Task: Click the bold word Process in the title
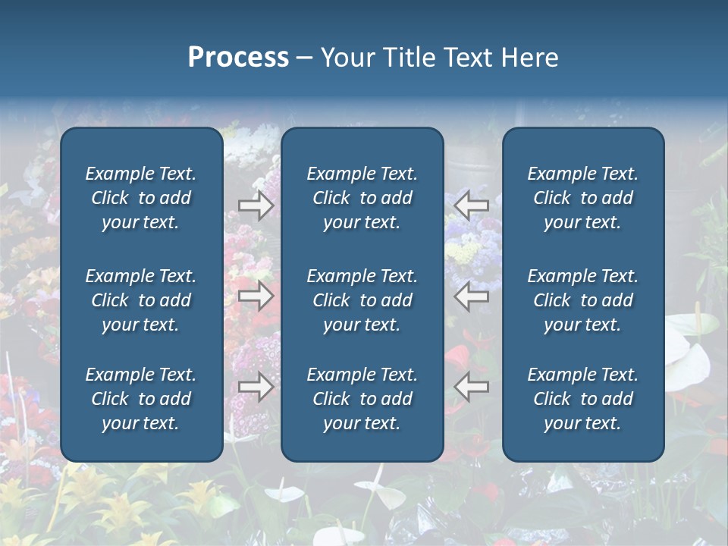tap(238, 58)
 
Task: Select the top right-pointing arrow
tap(256, 206)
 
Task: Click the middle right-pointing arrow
tap(256, 297)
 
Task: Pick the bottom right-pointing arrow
tap(256, 387)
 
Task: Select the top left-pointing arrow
tap(471, 206)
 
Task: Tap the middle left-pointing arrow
tap(471, 297)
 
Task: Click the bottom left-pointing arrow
tap(471, 387)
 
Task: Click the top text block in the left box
tap(141, 198)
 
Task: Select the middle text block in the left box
tap(141, 300)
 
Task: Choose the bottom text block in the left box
tap(141, 399)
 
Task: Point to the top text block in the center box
tap(362, 198)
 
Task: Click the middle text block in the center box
tap(362, 300)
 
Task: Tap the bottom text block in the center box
tap(362, 399)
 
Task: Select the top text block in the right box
tap(582, 198)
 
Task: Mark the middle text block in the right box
tap(582, 300)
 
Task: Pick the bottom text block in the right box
tap(582, 399)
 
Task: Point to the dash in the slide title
tap(304, 58)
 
